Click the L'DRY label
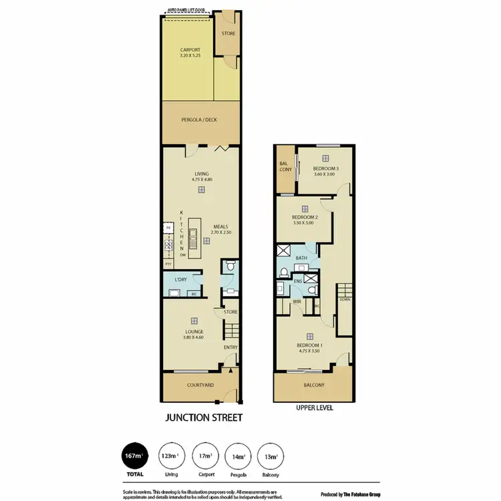point(180,279)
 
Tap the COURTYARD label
point(200,385)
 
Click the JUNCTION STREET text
point(203,419)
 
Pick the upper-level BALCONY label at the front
point(313,385)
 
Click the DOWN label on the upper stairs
point(345,300)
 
